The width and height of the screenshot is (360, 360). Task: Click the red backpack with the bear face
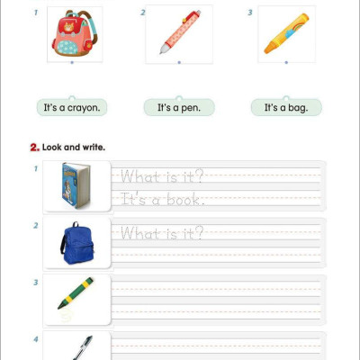(74, 35)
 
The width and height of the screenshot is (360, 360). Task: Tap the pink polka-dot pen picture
(178, 33)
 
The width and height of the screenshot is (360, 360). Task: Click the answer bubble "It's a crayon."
(72, 108)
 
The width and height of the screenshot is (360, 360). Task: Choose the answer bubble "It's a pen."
(179, 108)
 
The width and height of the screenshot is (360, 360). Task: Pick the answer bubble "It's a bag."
(285, 108)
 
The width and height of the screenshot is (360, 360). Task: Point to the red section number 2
(34, 147)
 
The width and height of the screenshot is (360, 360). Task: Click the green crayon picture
(76, 293)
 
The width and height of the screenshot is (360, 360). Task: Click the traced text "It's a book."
(162, 200)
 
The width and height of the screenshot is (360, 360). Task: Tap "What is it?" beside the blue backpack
(162, 234)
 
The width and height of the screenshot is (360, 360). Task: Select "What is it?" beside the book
(162, 176)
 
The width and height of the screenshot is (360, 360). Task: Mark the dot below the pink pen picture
(179, 63)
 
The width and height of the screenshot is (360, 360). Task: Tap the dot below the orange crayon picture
(286, 63)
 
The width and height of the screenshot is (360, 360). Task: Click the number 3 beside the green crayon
(36, 282)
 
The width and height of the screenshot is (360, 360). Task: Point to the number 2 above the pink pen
(143, 13)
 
